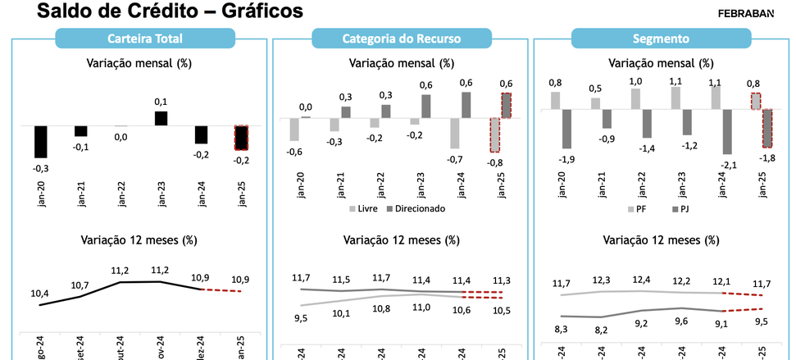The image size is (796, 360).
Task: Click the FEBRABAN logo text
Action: click(745, 12)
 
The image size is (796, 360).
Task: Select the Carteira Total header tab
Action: click(145, 39)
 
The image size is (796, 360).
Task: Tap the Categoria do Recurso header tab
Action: click(401, 39)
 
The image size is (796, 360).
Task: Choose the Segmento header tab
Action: click(661, 39)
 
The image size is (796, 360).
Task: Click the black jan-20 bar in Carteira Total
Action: click(40, 141)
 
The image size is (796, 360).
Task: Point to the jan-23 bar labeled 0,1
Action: click(161, 118)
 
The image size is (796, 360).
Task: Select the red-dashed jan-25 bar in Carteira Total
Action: click(241, 137)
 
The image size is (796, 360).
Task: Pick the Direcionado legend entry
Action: click(416, 208)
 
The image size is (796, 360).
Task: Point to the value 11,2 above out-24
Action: click(121, 270)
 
